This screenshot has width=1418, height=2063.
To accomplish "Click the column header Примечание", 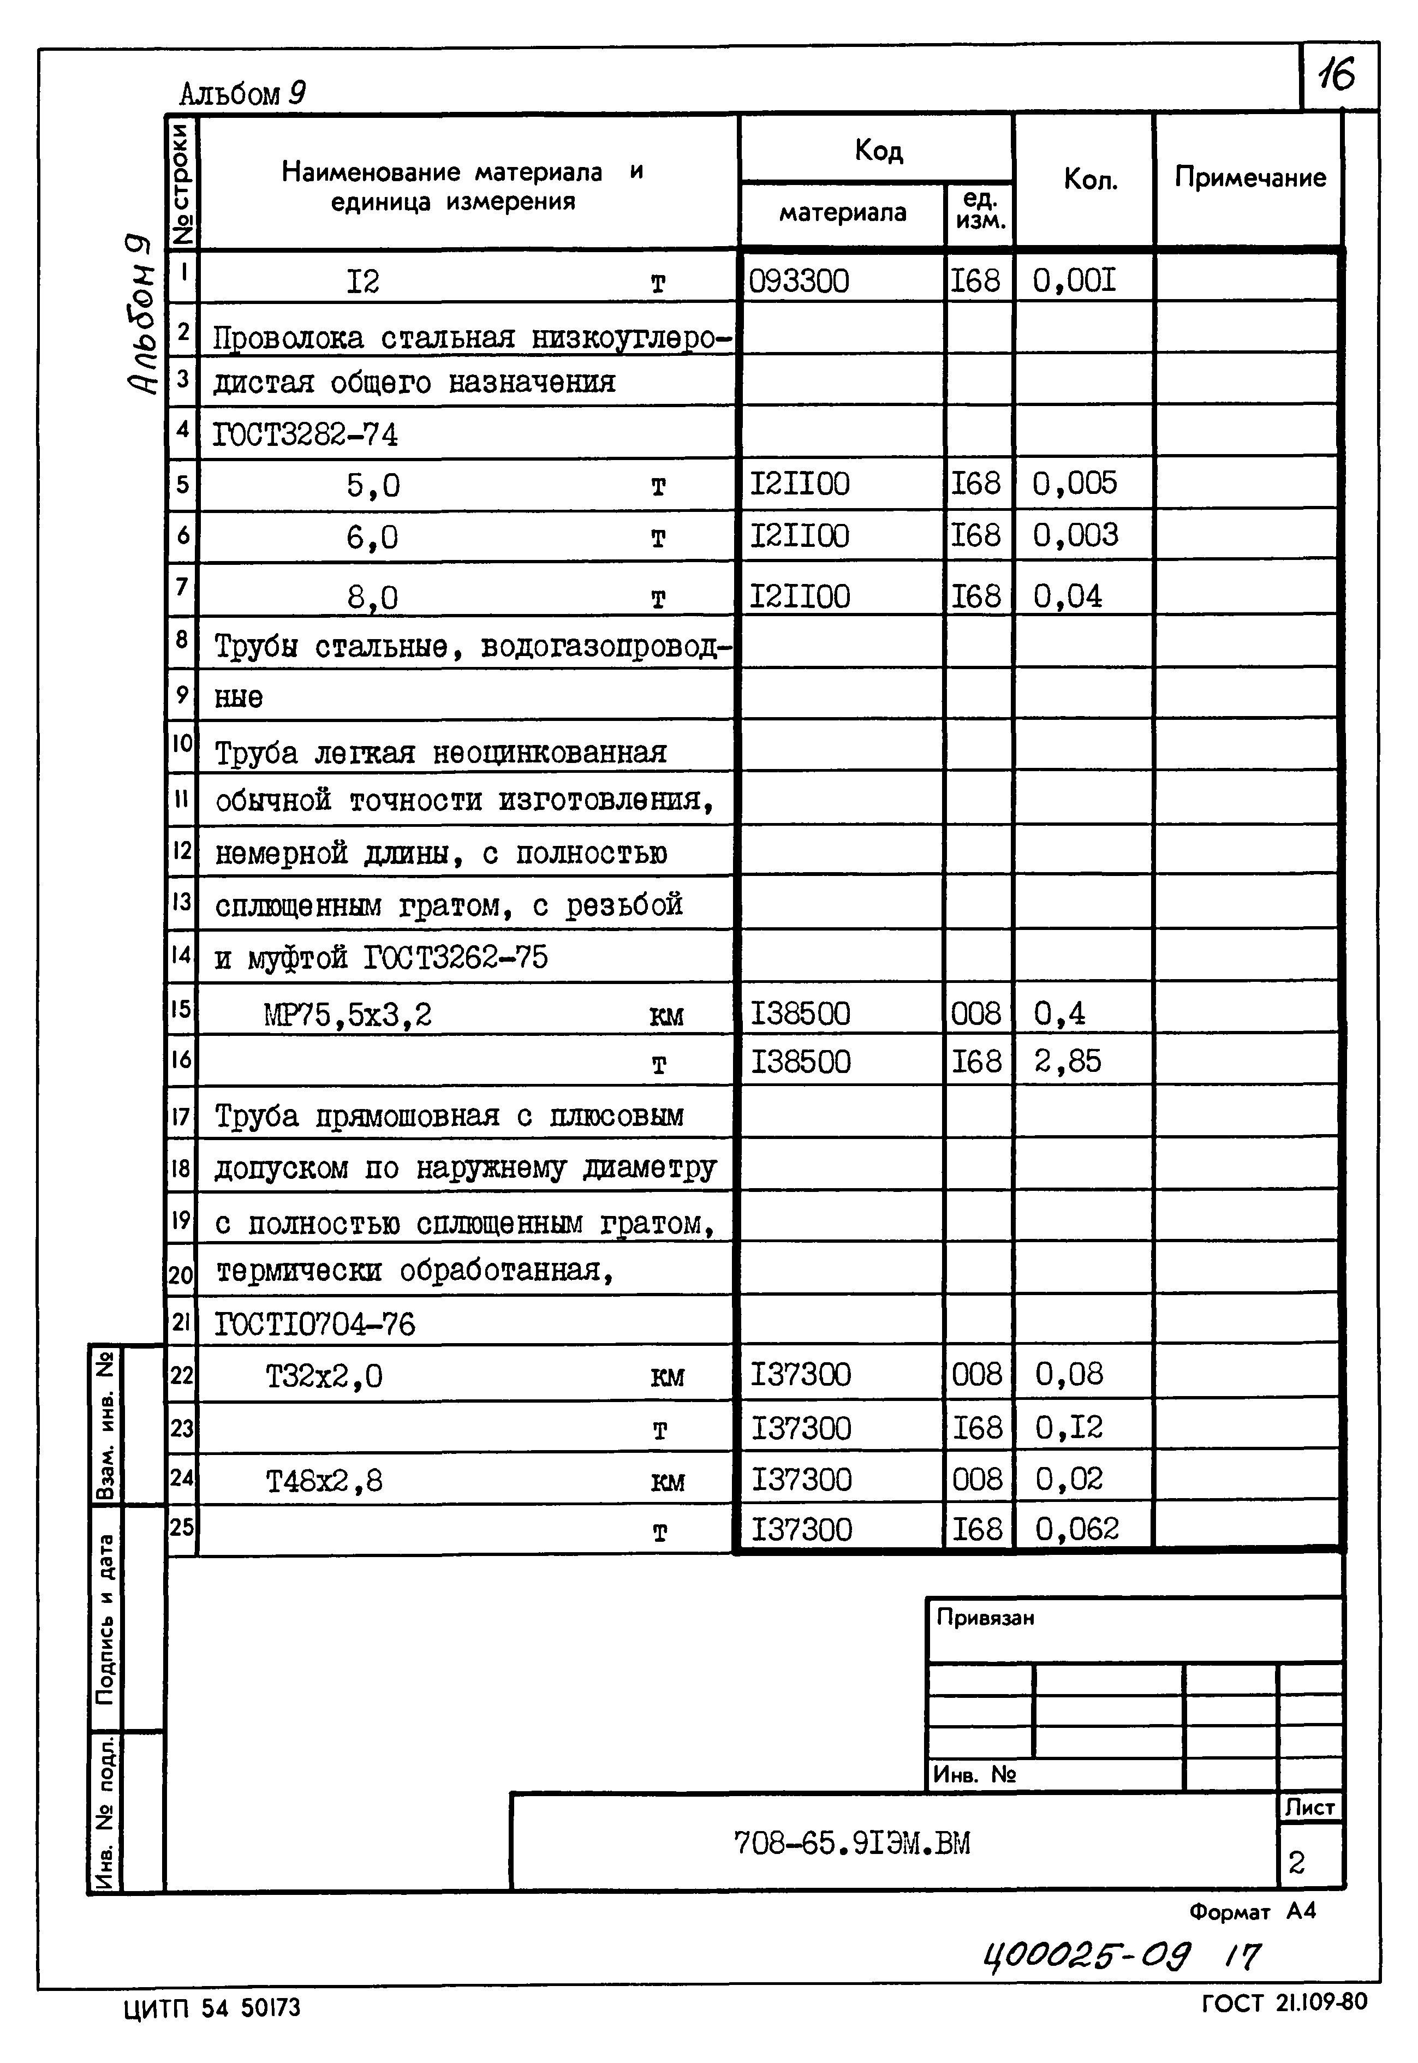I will coord(1249,178).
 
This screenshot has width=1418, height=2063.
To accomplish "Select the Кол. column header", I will coord(1090,180).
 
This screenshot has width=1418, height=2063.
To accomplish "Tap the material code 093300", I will coord(799,282).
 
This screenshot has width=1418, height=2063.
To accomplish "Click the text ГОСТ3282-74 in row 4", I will coord(306,434).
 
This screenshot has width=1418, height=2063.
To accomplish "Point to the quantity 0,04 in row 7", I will coord(1067,596).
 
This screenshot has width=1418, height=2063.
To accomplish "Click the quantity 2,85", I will coord(1067,1062).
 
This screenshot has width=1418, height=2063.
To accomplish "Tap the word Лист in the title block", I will coord(1309,1807).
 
